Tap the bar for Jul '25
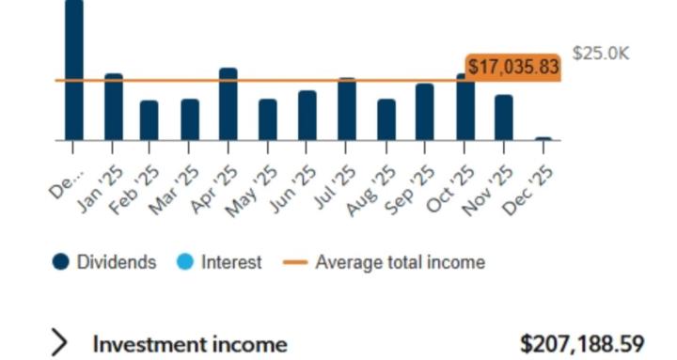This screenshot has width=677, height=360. [347, 109]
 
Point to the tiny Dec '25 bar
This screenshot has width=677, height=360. [543, 138]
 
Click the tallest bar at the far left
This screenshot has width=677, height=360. [73, 70]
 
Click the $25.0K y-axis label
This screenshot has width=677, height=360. [601, 53]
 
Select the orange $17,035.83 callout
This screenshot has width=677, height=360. [512, 68]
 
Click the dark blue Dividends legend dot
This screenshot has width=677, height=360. [61, 262]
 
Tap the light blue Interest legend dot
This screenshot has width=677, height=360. [185, 262]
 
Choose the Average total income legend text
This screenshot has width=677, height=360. [400, 262]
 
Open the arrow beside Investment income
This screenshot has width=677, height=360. [60, 343]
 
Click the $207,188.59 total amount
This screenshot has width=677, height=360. [582, 343]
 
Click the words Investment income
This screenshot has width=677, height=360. [189, 344]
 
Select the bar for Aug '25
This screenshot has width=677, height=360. [386, 119]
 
